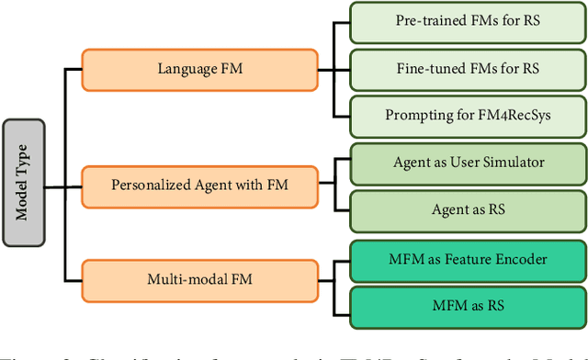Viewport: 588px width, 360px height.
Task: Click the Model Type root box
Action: (24, 182)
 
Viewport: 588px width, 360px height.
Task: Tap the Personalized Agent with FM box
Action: (199, 186)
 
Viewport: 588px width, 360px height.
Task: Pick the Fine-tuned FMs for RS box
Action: (469, 67)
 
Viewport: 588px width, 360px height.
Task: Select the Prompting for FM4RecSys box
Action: (469, 115)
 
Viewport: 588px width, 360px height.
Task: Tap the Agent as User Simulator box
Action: (469, 163)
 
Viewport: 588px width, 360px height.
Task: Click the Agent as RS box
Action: (469, 210)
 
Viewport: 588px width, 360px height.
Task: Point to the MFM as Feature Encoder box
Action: (469, 258)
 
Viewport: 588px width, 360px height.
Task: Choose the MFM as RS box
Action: (469, 305)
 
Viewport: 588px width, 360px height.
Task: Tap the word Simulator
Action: (513, 163)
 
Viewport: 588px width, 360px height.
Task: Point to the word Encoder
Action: (522, 258)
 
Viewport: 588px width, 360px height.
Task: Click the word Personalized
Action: (151, 186)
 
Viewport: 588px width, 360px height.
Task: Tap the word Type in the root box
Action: (24, 163)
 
